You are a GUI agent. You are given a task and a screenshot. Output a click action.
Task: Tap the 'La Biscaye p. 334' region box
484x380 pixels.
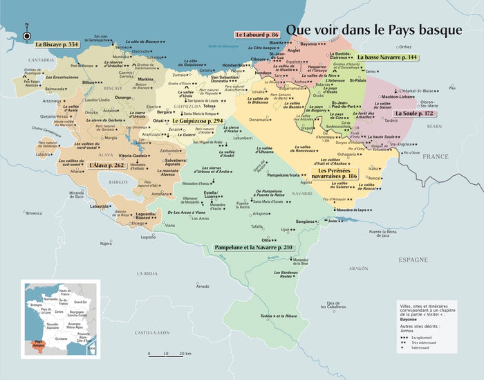[x=57, y=44]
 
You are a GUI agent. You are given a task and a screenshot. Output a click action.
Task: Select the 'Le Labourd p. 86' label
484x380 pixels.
[x=257, y=34]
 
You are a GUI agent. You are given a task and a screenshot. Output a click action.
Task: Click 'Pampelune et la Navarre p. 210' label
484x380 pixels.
[x=254, y=247]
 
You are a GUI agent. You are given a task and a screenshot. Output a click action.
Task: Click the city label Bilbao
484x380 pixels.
[x=86, y=82]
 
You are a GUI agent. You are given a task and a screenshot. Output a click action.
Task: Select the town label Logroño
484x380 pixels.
[x=149, y=237]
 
